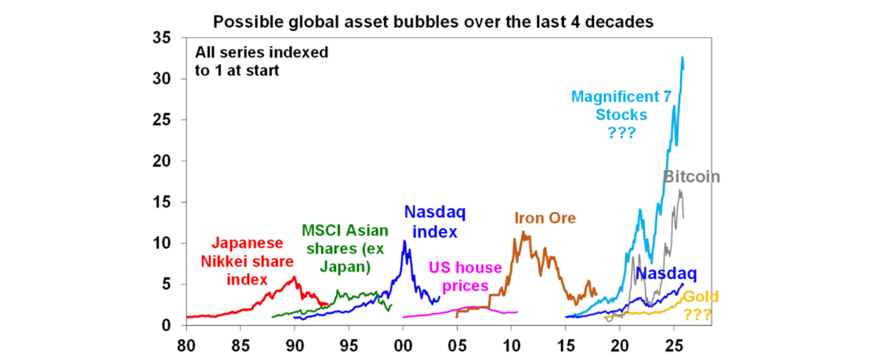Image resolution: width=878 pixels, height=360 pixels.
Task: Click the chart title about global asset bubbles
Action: coord(433,23)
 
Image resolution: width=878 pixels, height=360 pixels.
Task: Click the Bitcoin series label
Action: coord(691,177)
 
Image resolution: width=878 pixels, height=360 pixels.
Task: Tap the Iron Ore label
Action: coord(545,218)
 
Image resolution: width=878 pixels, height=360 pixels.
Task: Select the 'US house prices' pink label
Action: coord(465,277)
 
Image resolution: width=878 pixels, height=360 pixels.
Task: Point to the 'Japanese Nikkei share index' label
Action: coord(246,261)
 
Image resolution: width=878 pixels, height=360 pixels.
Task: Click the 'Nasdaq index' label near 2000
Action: coord(434,222)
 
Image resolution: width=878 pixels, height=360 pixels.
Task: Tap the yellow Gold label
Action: coord(700,305)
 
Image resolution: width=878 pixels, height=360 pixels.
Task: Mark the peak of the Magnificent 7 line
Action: coord(683,57)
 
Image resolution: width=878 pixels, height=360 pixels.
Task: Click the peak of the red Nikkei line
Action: coord(294,277)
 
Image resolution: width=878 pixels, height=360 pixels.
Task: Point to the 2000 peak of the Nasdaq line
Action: coord(405,241)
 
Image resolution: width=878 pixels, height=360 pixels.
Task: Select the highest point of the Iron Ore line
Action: coord(522,231)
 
